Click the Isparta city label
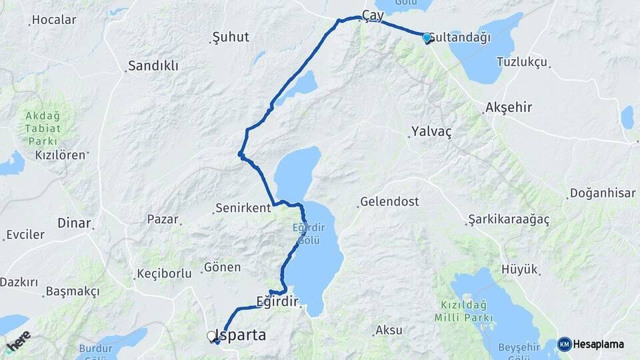pos(245,335)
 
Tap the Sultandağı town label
pos(461,37)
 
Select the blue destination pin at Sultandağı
pos(427,37)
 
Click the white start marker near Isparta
pos(212,337)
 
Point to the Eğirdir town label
pos(277,301)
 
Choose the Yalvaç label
pos(431,131)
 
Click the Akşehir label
pos(509,107)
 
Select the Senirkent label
pos(243,207)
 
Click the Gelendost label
pos(389,201)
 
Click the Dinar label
pos(74,223)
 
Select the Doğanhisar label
pos(602,193)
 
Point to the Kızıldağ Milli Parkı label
pos(463,311)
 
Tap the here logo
pos(18,341)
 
